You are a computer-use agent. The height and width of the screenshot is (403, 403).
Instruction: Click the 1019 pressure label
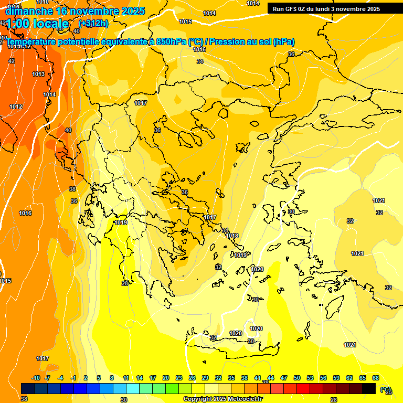[121, 222]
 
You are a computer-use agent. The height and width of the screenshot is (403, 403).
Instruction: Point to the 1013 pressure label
[38, 75]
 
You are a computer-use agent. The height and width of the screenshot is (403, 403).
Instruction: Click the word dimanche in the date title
[29, 11]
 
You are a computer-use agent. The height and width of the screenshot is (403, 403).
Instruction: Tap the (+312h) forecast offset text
[93, 23]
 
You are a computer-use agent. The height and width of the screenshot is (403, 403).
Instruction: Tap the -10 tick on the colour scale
[36, 378]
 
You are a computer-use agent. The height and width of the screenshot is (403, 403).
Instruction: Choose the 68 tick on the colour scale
[375, 378]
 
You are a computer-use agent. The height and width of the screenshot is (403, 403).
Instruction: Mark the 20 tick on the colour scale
[165, 378]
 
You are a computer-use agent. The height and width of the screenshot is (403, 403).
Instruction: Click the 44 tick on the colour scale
[270, 378]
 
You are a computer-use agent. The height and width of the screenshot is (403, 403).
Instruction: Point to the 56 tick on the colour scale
[323, 378]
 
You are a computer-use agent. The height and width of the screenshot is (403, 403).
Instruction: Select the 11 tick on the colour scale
[126, 378]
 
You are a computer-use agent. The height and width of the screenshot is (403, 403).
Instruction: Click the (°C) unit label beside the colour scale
[385, 389]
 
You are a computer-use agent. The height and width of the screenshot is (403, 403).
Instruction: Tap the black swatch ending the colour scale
[369, 388]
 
